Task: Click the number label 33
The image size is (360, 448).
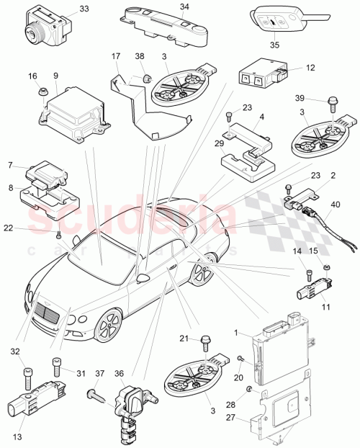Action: pyautogui.click(x=84, y=9)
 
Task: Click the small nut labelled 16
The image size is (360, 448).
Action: pyautogui.click(x=41, y=91)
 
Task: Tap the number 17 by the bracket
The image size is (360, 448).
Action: pyautogui.click(x=115, y=55)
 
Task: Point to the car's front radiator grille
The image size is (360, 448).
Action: pyautogui.click(x=49, y=315)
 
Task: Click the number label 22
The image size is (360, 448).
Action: pyautogui.click(x=27, y=228)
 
